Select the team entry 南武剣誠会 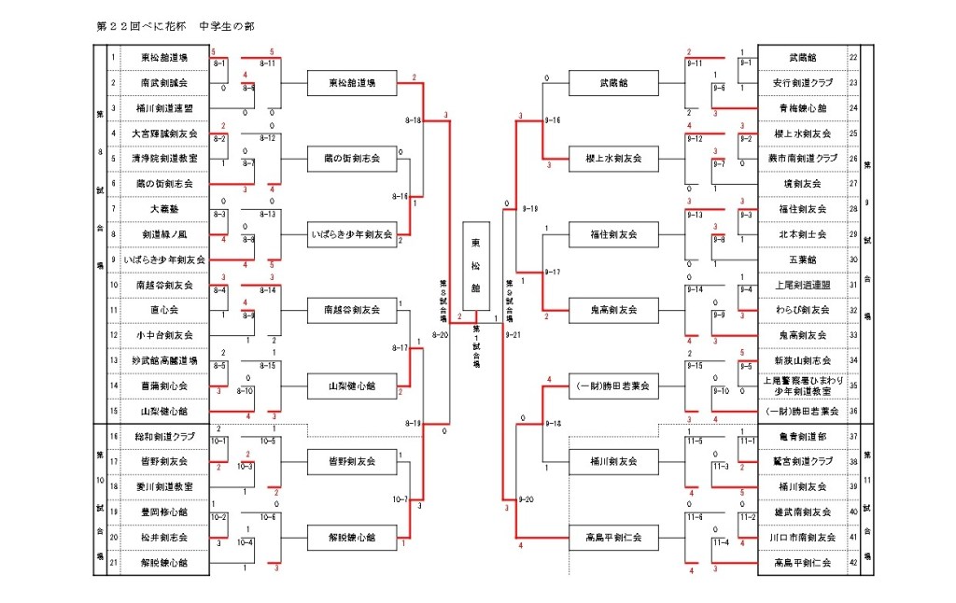point(164,83)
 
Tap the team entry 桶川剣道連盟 point(164,108)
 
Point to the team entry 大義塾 point(164,209)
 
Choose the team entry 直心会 point(164,310)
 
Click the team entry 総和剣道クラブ point(164,436)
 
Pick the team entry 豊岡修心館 point(164,512)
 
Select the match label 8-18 point(414,120)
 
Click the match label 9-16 point(528,120)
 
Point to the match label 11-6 point(694,515)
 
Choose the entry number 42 point(853,563)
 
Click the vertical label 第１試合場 point(475,345)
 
